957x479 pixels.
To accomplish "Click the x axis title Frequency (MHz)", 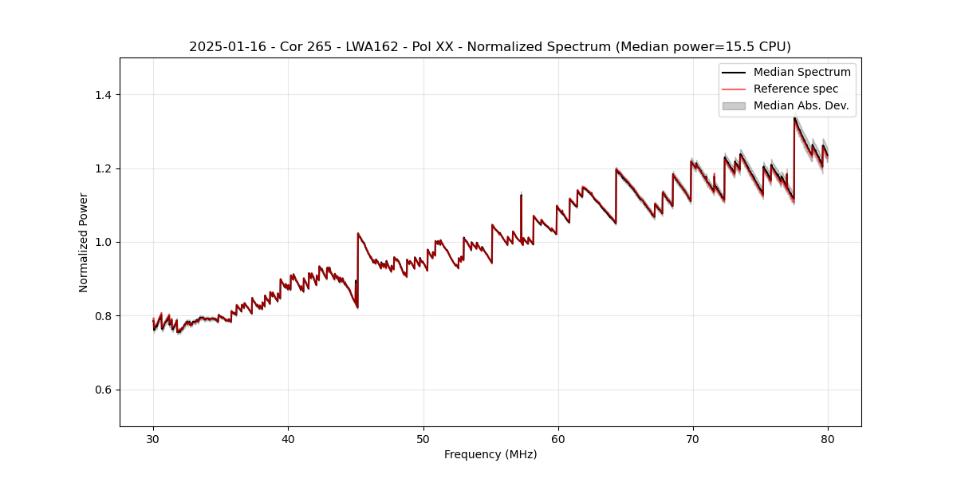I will (x=490, y=454).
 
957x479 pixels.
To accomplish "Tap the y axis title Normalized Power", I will (x=84, y=242).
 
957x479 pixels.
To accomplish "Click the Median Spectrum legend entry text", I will (x=801, y=72).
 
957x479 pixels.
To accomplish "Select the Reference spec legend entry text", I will (x=795, y=89).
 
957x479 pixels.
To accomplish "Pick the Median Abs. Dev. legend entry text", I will (x=801, y=105).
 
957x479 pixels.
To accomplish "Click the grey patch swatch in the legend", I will (x=734, y=105).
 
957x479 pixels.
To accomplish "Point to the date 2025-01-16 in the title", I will (x=223, y=47).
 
